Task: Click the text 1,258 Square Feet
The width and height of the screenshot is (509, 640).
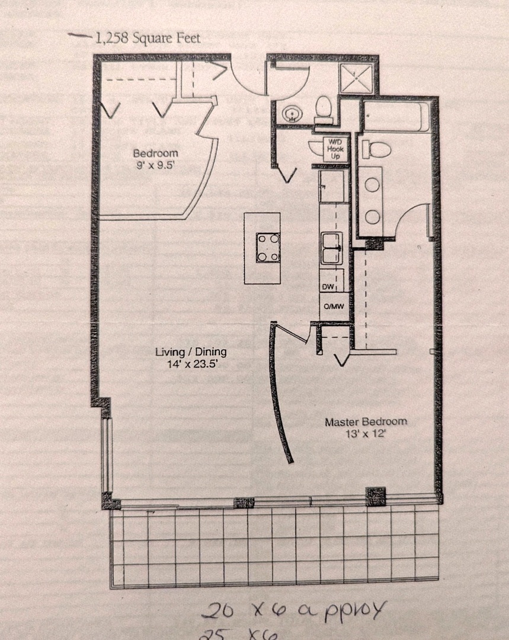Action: tap(148, 39)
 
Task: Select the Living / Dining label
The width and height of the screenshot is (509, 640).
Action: tap(191, 351)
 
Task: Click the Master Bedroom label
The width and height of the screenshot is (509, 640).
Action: tap(366, 422)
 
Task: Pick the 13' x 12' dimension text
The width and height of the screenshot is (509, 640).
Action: tap(366, 434)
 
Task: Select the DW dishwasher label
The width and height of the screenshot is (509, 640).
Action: tap(328, 287)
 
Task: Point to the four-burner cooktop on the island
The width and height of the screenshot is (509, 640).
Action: tap(268, 247)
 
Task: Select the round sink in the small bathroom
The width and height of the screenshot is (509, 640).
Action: tap(291, 112)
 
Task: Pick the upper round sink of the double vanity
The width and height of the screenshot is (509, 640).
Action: tap(373, 185)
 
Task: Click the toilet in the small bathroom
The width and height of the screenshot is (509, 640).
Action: tap(323, 108)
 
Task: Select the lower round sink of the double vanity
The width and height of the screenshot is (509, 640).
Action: tap(373, 217)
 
